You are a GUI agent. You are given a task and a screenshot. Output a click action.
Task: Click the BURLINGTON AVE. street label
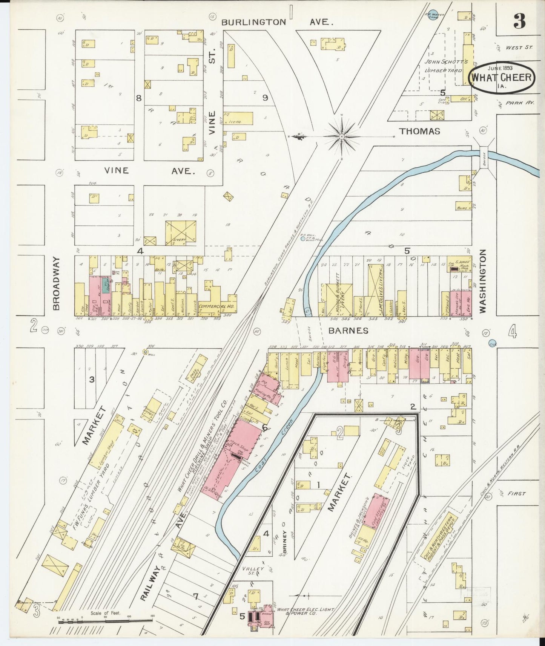(x=277, y=22)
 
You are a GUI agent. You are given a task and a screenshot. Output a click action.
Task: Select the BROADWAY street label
(x=56, y=283)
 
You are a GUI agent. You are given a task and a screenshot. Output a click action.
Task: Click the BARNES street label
(x=348, y=331)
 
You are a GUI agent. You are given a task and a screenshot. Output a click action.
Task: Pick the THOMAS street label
(x=420, y=131)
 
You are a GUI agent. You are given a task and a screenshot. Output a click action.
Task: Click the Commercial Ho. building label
(x=217, y=306)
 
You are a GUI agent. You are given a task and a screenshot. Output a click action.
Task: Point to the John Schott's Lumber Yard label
(x=446, y=66)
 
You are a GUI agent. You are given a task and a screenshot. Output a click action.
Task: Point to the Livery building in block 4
(x=180, y=233)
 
